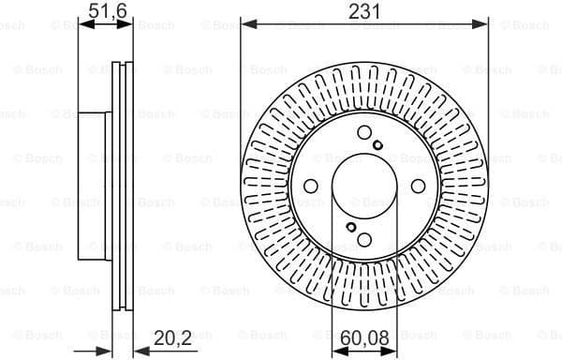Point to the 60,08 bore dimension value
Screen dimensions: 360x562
pyautogui.click(x=365, y=336)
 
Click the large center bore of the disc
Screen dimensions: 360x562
pyautogui.click(x=364, y=186)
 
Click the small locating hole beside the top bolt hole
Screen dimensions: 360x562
pyautogui.click(x=377, y=144)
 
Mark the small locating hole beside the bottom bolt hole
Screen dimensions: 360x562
pyautogui.click(x=350, y=227)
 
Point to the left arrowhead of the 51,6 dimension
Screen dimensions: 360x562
pyautogui.click(x=82, y=25)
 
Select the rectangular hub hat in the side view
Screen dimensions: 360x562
pyautogui.click(x=96, y=186)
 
